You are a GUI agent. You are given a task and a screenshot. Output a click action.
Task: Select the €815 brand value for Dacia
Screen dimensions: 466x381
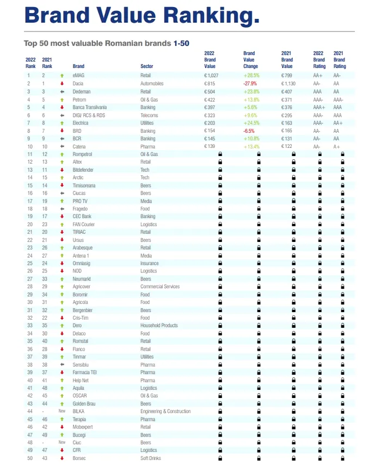coord(210,84)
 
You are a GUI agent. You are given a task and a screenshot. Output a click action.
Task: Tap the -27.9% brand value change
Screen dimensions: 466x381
coord(250,84)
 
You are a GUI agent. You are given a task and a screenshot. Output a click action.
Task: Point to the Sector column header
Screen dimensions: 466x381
coord(147,66)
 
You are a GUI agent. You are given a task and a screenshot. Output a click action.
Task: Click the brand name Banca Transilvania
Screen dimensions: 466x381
coord(90,107)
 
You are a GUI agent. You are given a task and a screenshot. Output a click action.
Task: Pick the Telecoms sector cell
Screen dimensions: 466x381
coord(149,115)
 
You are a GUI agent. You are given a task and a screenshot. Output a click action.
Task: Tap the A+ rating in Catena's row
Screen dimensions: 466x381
coord(337,147)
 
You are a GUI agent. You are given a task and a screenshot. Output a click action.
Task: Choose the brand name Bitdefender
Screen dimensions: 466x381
coord(83,170)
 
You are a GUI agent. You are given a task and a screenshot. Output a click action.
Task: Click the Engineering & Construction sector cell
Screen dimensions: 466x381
coord(165,412)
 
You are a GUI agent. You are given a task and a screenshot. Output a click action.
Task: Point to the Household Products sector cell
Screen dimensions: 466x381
coord(159,326)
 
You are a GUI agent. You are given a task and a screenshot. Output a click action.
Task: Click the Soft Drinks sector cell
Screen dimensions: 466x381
coord(151,458)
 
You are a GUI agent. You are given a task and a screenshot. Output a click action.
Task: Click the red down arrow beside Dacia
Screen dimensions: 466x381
coord(62,84)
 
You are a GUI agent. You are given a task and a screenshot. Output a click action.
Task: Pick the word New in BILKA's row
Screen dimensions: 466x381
coord(62,412)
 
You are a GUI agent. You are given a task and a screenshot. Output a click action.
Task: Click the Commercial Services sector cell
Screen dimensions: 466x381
coord(160,287)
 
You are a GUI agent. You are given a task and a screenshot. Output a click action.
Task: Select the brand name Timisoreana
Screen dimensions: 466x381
coord(84,186)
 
